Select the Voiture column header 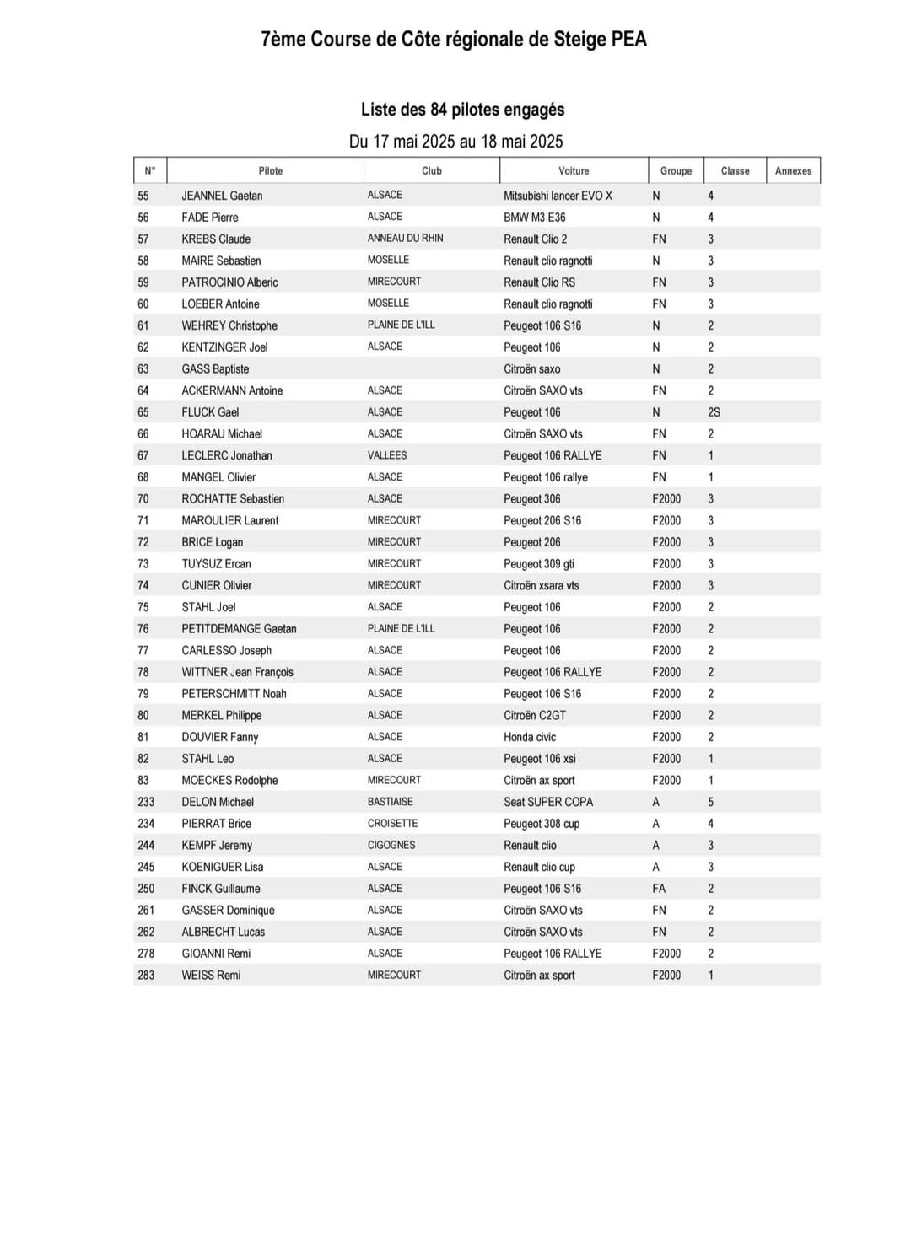coord(574,170)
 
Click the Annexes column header coord(793,170)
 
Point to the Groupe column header coord(676,170)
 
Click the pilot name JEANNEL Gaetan coord(222,196)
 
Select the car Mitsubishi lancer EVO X coord(558,196)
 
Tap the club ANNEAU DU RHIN coord(405,239)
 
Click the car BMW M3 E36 coord(535,218)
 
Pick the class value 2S coord(714,412)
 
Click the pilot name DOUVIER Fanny coord(220,737)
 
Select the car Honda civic coord(530,737)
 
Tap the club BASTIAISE coord(390,802)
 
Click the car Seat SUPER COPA coord(548,802)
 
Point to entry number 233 coord(146,802)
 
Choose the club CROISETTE coord(392,824)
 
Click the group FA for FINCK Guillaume coord(659,889)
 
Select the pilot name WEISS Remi coord(211,976)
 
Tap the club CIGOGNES coord(391,845)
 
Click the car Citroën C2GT coord(535,715)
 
